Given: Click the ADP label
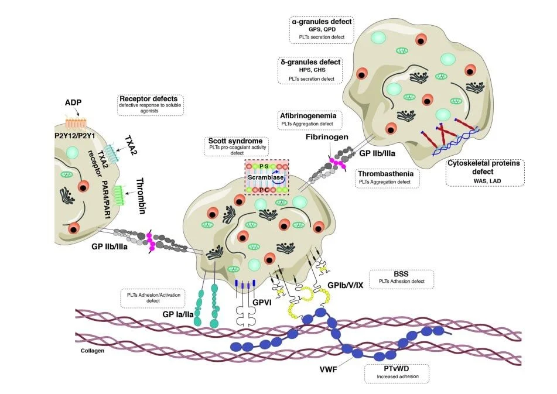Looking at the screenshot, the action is (x=73, y=102).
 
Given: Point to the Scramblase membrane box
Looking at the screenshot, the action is (x=266, y=177).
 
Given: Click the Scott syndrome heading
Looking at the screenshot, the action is (x=235, y=141).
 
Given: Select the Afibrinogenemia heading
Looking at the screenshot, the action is (x=308, y=116).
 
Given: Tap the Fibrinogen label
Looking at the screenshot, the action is (x=327, y=136).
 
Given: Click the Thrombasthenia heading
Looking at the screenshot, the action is (x=385, y=173).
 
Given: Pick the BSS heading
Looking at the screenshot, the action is (x=401, y=274).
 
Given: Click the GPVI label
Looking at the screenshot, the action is (x=262, y=303).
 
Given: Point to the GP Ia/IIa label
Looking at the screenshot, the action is (x=178, y=314).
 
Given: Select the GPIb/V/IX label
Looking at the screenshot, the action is (x=346, y=285).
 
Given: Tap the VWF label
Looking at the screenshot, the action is (x=328, y=369).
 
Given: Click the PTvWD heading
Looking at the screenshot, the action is (x=396, y=369).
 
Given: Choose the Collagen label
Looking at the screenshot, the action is (x=93, y=351).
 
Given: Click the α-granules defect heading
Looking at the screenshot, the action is (x=322, y=22).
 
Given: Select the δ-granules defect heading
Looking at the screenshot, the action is (x=310, y=62).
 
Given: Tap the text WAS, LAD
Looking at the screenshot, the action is (x=487, y=181).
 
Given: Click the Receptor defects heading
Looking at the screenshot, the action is (x=149, y=99).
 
